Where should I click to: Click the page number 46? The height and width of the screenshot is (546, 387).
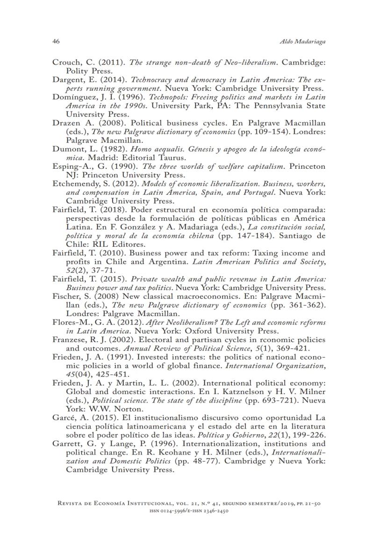(56, 42)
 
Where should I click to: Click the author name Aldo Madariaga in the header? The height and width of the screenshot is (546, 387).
(307, 42)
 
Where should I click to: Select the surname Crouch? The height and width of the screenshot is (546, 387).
(65, 62)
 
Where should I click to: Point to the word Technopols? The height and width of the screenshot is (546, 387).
(149, 97)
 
